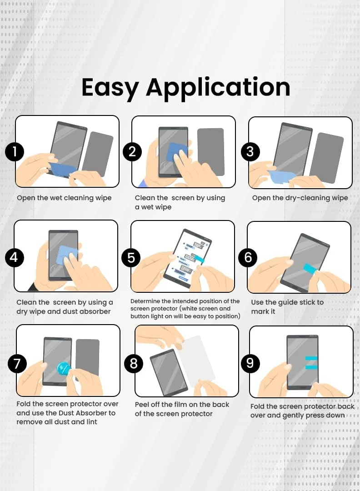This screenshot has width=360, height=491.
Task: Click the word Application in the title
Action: pyautogui.click(x=218, y=88)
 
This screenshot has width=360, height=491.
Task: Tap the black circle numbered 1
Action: pyautogui.click(x=15, y=152)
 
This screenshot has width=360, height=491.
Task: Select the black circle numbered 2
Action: pyautogui.click(x=132, y=152)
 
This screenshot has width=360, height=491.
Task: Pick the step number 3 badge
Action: pyautogui.click(x=250, y=151)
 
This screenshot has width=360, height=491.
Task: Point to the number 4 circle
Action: pyautogui.click(x=14, y=257)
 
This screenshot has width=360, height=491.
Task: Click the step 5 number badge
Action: pyautogui.click(x=131, y=257)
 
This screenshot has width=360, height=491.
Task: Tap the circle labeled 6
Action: pyautogui.click(x=248, y=257)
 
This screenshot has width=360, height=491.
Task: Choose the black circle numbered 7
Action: pyautogui.click(x=17, y=364)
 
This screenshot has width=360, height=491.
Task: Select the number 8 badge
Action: pyautogui.click(x=134, y=363)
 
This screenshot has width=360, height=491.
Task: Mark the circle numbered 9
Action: pyautogui.click(x=250, y=363)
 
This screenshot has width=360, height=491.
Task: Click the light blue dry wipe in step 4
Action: pyautogui.click(x=67, y=254)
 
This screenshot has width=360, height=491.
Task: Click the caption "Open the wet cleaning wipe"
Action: pyautogui.click(x=64, y=198)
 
